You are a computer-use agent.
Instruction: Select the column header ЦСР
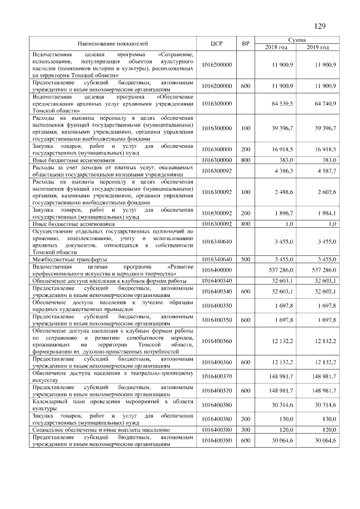[x=217, y=43]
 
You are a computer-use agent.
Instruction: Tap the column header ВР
[x=245, y=43]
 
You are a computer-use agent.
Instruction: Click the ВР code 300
[x=245, y=429]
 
